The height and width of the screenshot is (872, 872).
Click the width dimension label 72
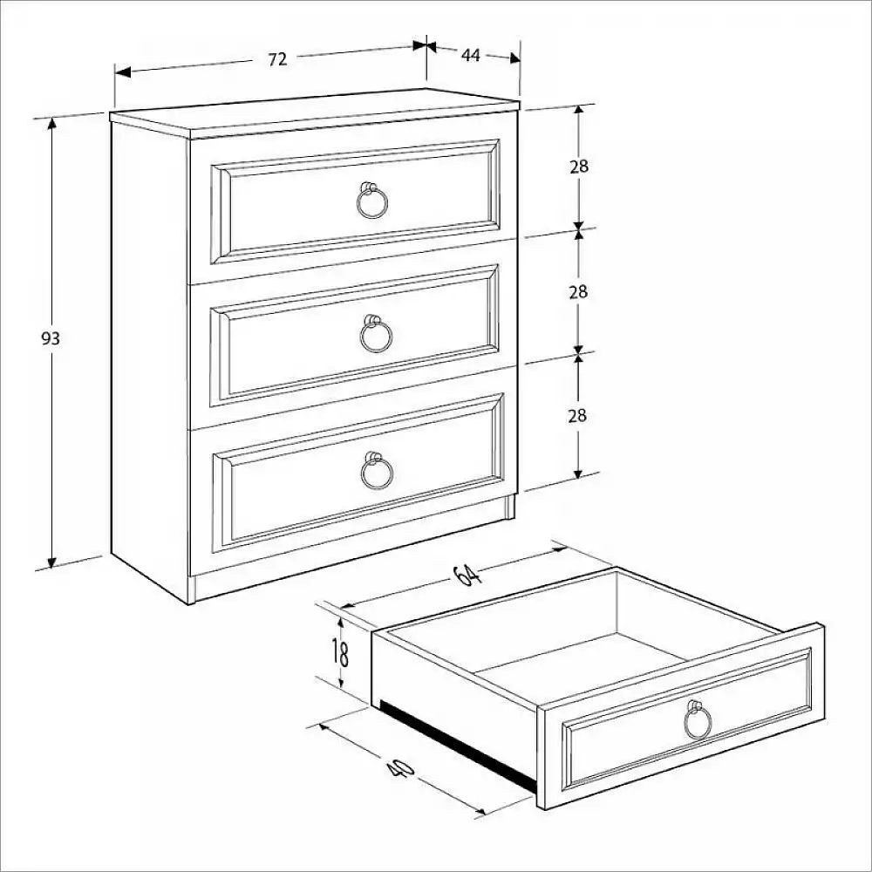277,59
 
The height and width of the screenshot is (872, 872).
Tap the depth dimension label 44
471,55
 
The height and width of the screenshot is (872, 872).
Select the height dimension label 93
51,338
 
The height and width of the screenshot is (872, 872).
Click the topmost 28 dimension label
578,167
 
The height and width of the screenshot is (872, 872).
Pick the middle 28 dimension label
578,292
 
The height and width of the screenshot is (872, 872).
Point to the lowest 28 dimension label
577,416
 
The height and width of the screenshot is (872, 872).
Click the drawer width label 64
467,575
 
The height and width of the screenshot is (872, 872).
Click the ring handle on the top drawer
372,202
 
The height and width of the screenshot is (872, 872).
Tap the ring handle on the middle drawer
376,335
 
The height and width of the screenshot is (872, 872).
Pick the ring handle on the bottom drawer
377,472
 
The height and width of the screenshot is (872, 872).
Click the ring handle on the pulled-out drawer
698,721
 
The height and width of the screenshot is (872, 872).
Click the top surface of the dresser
314,112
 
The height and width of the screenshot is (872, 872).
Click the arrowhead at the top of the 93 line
51,123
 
